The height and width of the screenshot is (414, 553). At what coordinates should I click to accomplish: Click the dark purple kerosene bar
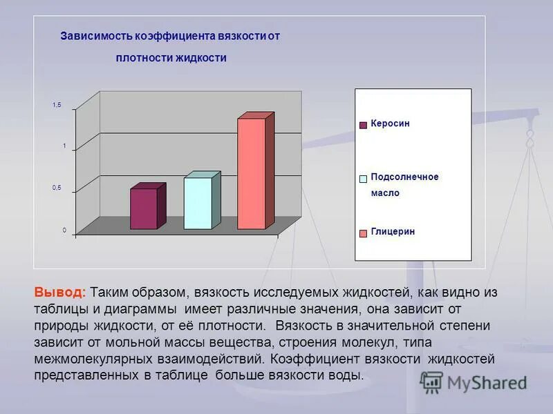(x=144, y=208)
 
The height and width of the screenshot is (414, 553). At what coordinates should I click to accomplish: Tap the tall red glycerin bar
(x=252, y=174)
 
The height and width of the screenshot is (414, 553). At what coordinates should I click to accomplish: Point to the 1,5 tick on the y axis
(x=57, y=105)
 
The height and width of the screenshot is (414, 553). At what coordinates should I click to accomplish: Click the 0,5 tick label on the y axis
(x=57, y=188)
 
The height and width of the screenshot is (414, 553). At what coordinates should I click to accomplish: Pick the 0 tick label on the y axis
(x=64, y=230)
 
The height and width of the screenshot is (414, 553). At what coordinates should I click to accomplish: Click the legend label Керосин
(x=390, y=124)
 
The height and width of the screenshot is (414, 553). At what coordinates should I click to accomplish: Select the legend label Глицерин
(x=393, y=232)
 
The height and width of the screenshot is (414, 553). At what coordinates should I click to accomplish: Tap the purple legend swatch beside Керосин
(x=363, y=125)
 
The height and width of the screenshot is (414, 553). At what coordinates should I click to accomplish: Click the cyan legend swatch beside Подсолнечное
(x=363, y=179)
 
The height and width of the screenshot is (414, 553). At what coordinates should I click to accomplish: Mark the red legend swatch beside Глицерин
(x=363, y=233)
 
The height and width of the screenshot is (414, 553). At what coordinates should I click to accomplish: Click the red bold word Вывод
(x=60, y=293)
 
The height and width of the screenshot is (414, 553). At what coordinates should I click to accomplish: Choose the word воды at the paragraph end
(x=346, y=375)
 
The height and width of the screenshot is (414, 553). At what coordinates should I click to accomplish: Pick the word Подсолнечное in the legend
(x=404, y=177)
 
